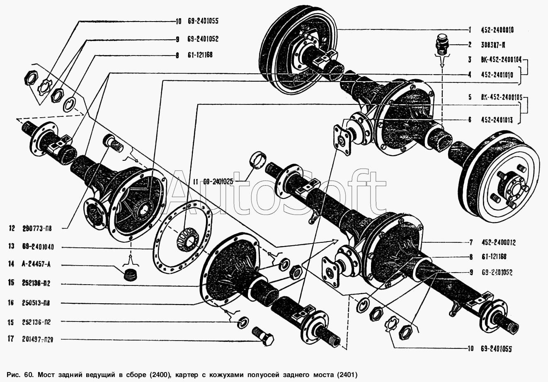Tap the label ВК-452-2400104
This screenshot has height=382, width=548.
500,60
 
